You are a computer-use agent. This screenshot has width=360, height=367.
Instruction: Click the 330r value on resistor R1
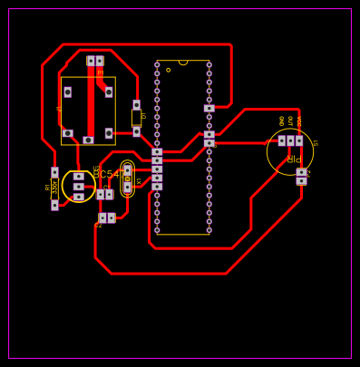click(x=55, y=188)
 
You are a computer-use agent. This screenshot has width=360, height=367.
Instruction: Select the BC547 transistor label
click(x=107, y=174)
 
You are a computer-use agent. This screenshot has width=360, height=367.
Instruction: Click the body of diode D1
click(x=136, y=118)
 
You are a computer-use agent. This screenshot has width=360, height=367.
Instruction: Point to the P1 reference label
click(x=100, y=72)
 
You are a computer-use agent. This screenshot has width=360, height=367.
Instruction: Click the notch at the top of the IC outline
click(x=183, y=63)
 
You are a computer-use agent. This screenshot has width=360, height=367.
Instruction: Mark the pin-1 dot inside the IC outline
click(x=168, y=70)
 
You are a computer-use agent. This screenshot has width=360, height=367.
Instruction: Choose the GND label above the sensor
click(x=282, y=121)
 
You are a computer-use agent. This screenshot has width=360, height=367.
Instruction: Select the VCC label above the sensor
click(x=299, y=121)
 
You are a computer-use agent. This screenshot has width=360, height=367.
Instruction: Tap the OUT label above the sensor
click(x=290, y=121)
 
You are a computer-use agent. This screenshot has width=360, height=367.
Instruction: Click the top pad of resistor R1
click(x=54, y=172)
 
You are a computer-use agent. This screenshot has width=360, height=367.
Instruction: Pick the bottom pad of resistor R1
click(x=54, y=205)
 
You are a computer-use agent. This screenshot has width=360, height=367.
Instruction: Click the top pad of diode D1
click(x=136, y=105)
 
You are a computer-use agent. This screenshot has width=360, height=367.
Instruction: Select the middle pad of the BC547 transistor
click(x=79, y=187)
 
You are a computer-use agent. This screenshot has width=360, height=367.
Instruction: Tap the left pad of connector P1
click(x=91, y=61)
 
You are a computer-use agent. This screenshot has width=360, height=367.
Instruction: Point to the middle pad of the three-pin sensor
click(x=290, y=140)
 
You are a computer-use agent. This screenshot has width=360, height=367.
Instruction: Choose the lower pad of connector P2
click(x=301, y=180)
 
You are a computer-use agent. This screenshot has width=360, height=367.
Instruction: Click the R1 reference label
click(x=48, y=187)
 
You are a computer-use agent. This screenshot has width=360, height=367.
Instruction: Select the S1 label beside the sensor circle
click(x=315, y=143)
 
